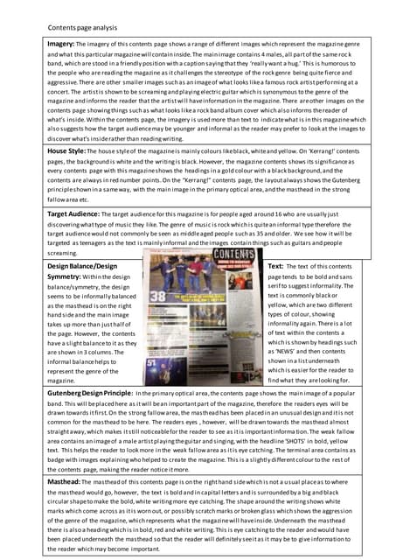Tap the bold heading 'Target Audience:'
78,213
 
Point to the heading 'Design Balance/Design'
82,265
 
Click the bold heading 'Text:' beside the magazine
275,265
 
